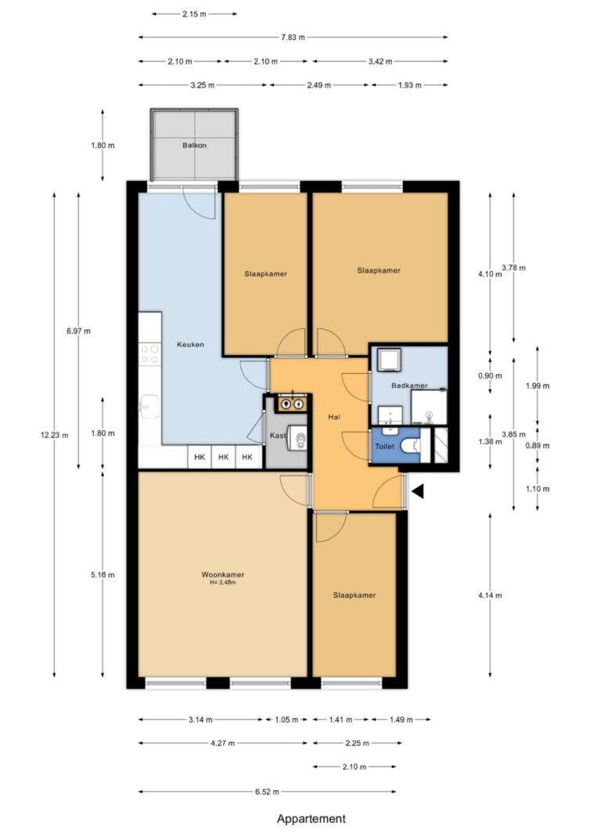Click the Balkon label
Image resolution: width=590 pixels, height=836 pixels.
coord(194,146)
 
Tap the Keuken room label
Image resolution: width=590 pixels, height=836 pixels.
coord(190,344)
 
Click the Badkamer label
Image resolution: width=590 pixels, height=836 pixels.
coord(409,385)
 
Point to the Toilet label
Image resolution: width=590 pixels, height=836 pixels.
coord(385,446)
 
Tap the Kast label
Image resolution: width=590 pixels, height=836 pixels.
coord(278,435)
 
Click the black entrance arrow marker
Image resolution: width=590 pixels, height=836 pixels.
coord(418,491)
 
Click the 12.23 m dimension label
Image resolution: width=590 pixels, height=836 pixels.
coord(52,436)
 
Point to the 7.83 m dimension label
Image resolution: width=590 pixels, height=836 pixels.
coord(292,37)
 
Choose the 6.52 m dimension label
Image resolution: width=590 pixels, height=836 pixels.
coord(268,791)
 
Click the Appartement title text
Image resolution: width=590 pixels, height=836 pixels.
coord(311,819)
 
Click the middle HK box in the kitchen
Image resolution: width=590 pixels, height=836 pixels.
coord(224,458)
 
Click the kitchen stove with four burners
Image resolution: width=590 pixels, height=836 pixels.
coord(149,354)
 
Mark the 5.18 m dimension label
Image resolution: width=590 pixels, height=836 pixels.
coord(103,574)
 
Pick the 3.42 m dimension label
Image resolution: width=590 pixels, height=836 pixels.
coord(380,61)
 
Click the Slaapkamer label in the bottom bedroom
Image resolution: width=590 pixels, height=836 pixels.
coord(354,595)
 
